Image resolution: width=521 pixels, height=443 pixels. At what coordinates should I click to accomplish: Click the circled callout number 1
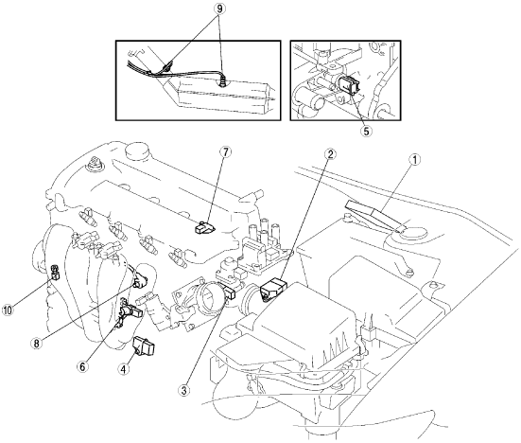[x=414, y=160]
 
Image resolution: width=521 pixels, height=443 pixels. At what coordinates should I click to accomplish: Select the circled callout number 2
[x=330, y=153]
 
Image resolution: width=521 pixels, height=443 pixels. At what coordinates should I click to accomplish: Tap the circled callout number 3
[x=183, y=390]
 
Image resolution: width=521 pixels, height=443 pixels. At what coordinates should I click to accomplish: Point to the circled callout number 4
[x=124, y=369]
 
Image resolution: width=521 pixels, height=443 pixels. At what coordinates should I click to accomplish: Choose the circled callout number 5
[x=366, y=131]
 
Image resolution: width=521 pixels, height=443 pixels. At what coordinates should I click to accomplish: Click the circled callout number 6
[x=82, y=366]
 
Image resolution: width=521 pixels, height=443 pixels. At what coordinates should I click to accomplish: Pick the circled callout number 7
[x=225, y=152]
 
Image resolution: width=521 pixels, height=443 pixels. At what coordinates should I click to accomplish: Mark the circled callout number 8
[x=37, y=343]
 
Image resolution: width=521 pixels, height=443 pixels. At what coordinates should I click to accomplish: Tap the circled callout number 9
[x=219, y=9]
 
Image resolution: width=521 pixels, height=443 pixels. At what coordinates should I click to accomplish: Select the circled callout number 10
[x=8, y=310]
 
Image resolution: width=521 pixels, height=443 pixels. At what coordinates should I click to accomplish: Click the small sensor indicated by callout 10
[x=55, y=272]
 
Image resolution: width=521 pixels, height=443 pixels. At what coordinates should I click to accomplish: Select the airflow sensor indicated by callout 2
[x=274, y=287]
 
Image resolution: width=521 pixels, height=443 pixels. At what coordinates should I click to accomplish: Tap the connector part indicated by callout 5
[x=350, y=85]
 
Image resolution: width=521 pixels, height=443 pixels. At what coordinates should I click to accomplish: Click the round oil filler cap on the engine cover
[x=136, y=151]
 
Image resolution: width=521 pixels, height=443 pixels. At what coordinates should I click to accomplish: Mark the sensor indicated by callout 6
[x=130, y=310]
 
